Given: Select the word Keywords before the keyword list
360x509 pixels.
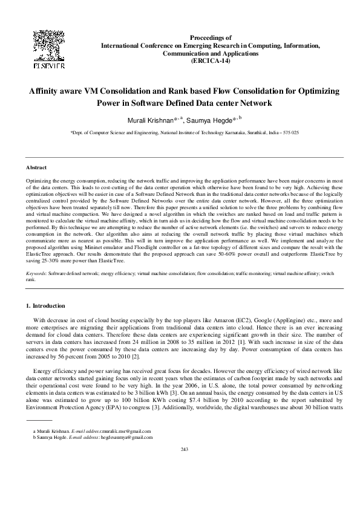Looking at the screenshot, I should [x=36, y=274].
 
